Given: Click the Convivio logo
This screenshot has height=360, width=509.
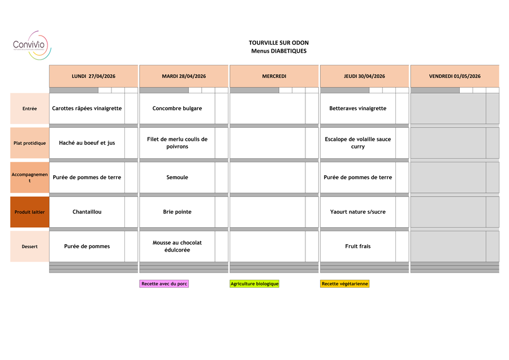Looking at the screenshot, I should point(32,45).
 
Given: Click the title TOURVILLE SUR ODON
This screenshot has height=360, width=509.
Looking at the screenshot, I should point(278,43).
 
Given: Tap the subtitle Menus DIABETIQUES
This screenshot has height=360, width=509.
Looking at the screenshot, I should point(278,51).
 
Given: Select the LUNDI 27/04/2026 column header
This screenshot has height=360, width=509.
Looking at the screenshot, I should point(93,76).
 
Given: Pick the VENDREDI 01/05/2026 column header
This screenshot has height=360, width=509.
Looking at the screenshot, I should point(455,76).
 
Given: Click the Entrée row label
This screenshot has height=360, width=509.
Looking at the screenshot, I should point(29,109).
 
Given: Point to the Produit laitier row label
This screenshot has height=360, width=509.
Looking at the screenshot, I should point(29,212).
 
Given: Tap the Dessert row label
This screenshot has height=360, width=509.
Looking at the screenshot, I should point(29,246).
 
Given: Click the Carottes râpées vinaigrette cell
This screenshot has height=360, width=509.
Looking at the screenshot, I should point(87,109).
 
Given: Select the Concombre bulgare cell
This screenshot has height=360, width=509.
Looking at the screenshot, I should point(177,109).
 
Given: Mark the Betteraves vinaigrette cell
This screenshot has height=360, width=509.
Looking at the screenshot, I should point(357,109).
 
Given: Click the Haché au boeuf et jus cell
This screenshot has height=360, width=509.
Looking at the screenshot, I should point(87,143).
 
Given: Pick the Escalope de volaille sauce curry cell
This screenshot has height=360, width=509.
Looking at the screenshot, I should point(357,143).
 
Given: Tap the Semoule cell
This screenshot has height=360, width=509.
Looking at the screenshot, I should point(177,177).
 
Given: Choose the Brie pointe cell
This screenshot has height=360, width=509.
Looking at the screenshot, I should point(177,212).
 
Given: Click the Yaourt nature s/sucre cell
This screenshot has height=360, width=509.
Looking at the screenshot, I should point(357,212).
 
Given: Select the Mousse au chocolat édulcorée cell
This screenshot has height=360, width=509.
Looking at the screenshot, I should point(177,246).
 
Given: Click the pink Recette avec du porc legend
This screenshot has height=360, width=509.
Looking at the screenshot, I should point(164,284).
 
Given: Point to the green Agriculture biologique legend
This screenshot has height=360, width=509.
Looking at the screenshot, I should point(255,284).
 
